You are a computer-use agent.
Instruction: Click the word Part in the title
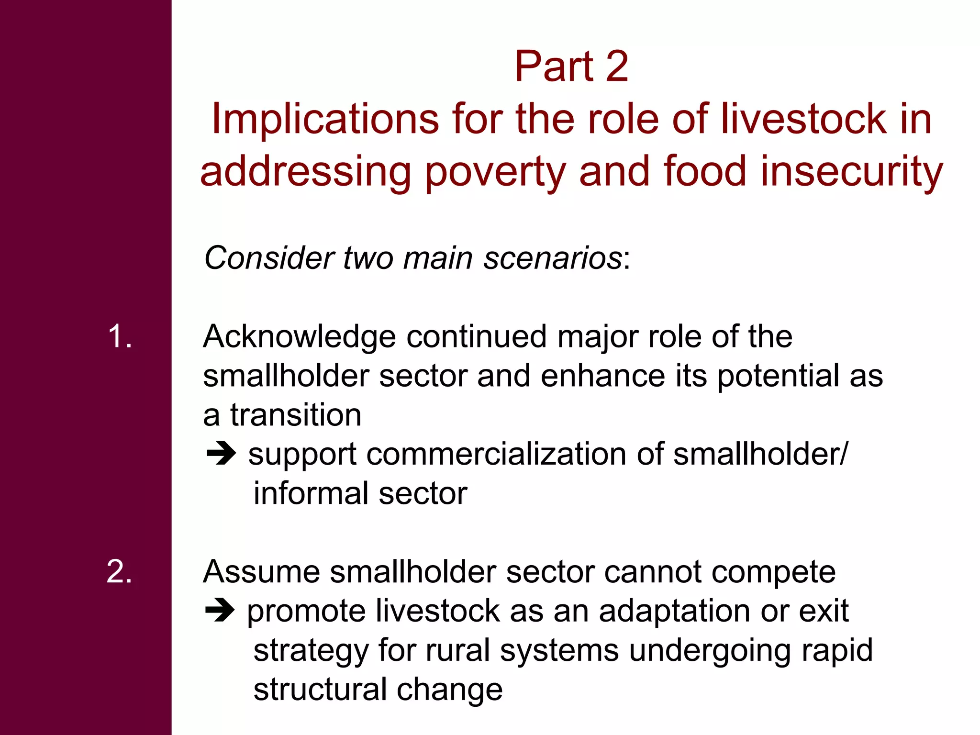[554, 67]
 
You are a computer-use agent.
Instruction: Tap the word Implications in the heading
[325, 119]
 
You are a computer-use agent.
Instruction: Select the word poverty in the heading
[495, 172]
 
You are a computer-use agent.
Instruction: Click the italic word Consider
[268, 258]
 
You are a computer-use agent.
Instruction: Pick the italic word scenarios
[553, 258]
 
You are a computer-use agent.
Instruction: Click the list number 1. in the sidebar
[120, 336]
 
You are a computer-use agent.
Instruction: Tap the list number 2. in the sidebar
[119, 571]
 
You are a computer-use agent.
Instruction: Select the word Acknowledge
[300, 337]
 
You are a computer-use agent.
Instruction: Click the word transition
[296, 415]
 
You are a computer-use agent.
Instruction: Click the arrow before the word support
[221, 454]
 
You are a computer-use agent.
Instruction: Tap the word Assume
[261, 572]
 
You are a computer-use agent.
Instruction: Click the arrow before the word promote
[220, 611]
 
